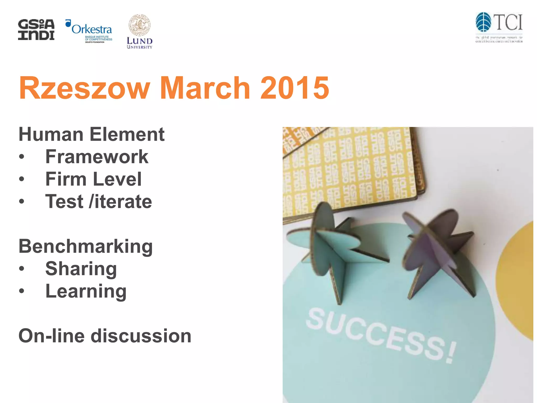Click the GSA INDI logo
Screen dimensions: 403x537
coord(36,30)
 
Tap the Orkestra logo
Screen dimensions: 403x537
coord(89,31)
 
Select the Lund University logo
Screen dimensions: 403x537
coord(139,32)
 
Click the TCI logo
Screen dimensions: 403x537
coord(499,27)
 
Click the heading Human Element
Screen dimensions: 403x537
coord(92,134)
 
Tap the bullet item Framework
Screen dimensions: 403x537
coord(97,157)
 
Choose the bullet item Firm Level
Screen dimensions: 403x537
coord(93,179)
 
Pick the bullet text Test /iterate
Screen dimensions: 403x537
coord(98,201)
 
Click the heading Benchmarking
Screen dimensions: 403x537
coord(85,246)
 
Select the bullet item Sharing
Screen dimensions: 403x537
coord(81,269)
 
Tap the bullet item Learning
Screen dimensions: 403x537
coord(86,291)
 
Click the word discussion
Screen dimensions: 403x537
coord(141,336)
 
